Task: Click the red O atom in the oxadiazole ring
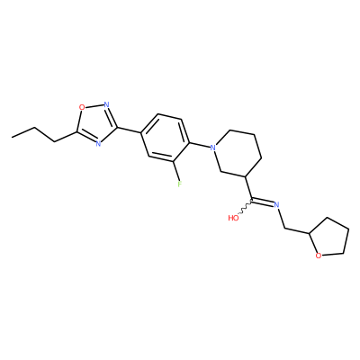81,107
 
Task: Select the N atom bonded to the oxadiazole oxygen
106,104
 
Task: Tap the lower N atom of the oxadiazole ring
98,143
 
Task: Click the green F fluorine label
179,184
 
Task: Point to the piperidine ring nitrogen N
212,148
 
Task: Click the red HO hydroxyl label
233,218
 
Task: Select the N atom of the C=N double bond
276,205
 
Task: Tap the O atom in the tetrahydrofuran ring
319,256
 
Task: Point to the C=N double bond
263,202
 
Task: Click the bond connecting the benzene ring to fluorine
176,170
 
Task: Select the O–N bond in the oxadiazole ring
94,105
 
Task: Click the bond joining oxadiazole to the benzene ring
129,130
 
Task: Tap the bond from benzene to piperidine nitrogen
199,144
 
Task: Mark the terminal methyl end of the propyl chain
12,138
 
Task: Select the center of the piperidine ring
238,153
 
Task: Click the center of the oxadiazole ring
95,123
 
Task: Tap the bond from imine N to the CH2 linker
281,219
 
